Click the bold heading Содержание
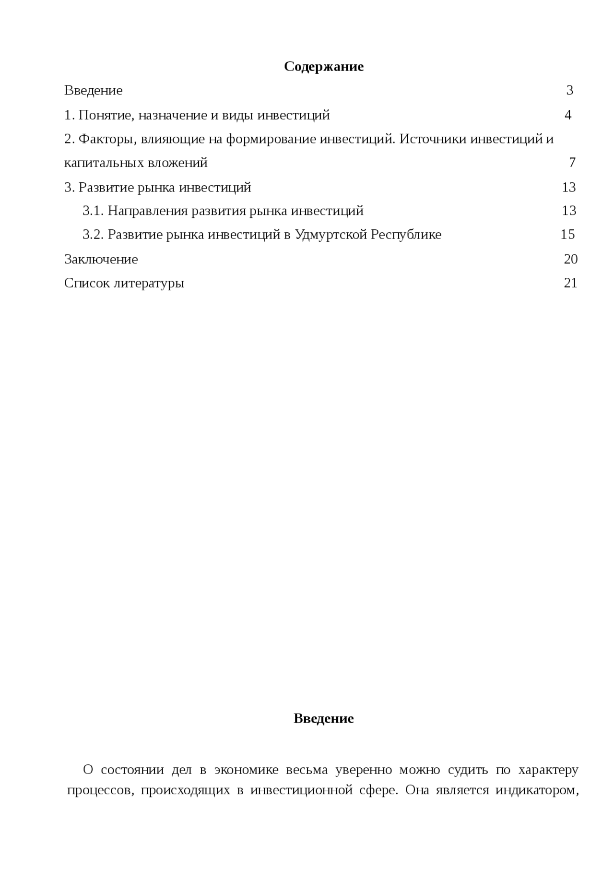pos(323,66)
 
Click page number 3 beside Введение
pos(569,90)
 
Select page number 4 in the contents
pos(568,115)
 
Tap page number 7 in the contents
pos(572,163)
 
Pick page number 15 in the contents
pos(567,234)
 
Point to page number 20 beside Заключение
pos(570,259)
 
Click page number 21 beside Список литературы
pos(570,283)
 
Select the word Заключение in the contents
pos(101,259)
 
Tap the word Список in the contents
pos(87,283)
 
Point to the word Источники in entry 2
pos(432,139)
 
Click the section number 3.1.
pos(93,211)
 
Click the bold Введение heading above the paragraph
pos(323,718)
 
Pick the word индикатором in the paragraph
pos(536,790)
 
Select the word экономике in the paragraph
pos(246,770)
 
